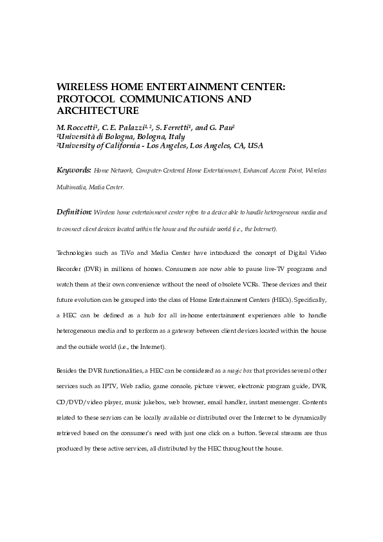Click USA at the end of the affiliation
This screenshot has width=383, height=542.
tap(255, 145)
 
